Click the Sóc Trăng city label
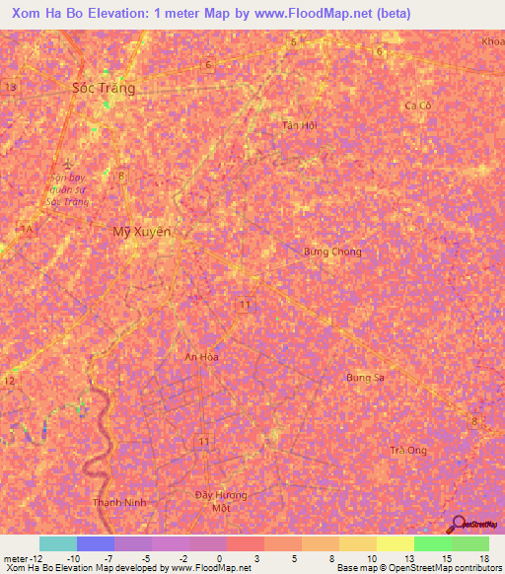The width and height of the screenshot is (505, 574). click(x=104, y=88)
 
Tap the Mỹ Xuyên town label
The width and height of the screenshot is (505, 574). click(x=141, y=232)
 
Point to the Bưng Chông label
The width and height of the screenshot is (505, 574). click(x=331, y=251)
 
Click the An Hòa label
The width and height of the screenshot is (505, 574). click(x=201, y=356)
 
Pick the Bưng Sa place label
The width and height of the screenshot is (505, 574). click(x=364, y=378)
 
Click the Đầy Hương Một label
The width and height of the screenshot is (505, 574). click(x=219, y=500)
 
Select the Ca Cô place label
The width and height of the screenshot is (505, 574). click(x=418, y=106)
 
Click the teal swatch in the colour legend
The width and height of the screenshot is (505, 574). click(x=57, y=543)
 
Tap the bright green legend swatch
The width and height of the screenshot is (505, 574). click(x=433, y=543)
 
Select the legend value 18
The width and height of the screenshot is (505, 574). click(x=483, y=557)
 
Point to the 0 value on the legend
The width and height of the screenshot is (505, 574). click(x=205, y=557)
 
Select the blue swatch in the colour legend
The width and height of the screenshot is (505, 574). click(x=96, y=543)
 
